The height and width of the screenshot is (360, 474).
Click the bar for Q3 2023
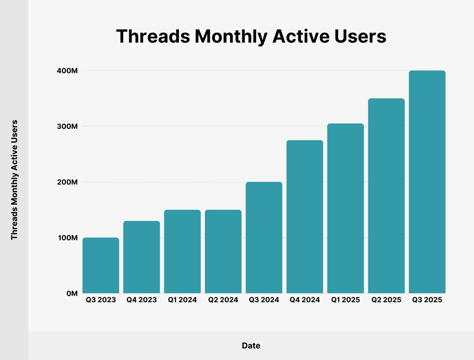point(101,265)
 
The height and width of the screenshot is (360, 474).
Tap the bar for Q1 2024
point(182,251)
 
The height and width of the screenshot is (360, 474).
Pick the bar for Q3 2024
point(264,238)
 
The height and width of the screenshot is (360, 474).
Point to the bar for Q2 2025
point(386,196)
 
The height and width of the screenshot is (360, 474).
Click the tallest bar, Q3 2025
point(427,182)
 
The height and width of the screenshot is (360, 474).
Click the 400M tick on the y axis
point(67,71)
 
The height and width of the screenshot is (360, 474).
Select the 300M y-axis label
point(67,126)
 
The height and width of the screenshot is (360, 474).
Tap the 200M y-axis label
point(67,182)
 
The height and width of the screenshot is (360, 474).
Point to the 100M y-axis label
point(67,238)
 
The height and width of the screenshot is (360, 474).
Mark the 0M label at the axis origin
point(72,293)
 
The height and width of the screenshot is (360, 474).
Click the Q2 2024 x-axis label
point(223,300)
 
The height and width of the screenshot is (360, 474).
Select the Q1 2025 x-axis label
point(345,300)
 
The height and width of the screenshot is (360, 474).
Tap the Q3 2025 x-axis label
point(427,300)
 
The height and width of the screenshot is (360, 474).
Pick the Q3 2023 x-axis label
point(101,300)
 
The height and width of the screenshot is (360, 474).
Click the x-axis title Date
point(251,346)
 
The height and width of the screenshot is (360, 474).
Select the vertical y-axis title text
point(14,180)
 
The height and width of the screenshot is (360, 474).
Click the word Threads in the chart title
point(153,36)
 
